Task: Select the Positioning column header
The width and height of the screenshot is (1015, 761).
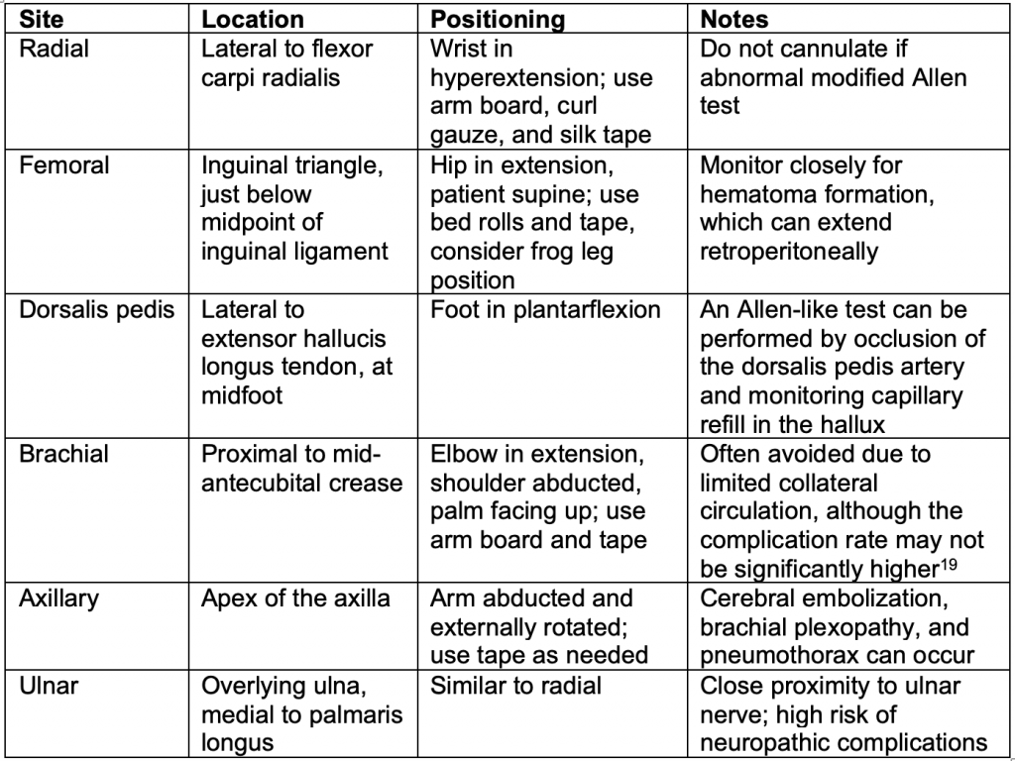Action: pos(498,20)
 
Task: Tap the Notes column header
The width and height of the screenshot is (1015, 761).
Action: pos(734,20)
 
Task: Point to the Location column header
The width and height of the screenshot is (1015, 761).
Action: pos(253,20)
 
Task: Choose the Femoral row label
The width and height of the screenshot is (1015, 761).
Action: pos(64,165)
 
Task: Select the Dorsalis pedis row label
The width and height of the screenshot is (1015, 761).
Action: pos(97,310)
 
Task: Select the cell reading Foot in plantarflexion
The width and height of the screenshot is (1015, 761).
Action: pos(545,310)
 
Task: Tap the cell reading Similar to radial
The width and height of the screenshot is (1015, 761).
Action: pos(515,686)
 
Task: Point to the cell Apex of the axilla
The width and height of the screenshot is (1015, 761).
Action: pos(295,598)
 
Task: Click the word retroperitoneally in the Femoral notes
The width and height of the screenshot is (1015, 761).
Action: pos(789,252)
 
